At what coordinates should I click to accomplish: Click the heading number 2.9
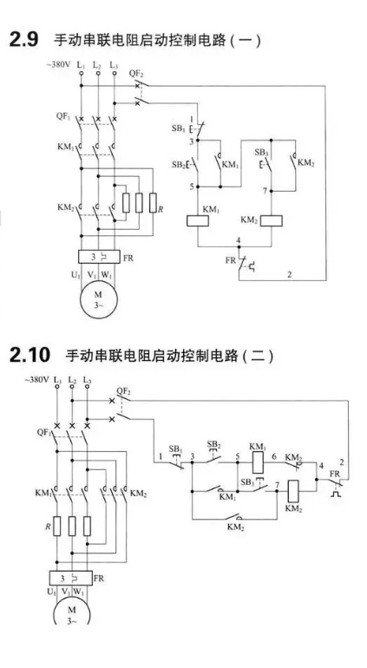(x=23, y=40)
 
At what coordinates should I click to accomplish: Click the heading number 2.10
(x=29, y=355)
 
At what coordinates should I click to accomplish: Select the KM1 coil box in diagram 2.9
(x=198, y=220)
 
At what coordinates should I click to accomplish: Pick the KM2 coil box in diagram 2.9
(x=272, y=220)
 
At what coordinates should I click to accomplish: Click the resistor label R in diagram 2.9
(x=161, y=210)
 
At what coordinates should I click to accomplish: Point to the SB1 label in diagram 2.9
(x=178, y=128)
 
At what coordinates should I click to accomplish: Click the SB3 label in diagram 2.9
(x=261, y=152)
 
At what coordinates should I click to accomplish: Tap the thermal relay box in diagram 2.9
(x=99, y=257)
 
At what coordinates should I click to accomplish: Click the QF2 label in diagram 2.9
(x=136, y=74)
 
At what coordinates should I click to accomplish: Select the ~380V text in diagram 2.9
(x=58, y=65)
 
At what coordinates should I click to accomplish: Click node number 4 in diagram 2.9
(x=239, y=241)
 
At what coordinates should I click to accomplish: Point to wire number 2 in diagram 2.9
(x=290, y=275)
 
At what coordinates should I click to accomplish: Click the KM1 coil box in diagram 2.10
(x=259, y=463)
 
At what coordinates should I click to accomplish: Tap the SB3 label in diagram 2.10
(x=247, y=482)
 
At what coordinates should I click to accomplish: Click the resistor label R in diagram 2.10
(x=49, y=527)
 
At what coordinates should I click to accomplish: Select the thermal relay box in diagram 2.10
(x=71, y=578)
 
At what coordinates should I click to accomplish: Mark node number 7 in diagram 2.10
(x=278, y=484)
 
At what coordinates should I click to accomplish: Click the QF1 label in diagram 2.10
(x=44, y=433)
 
